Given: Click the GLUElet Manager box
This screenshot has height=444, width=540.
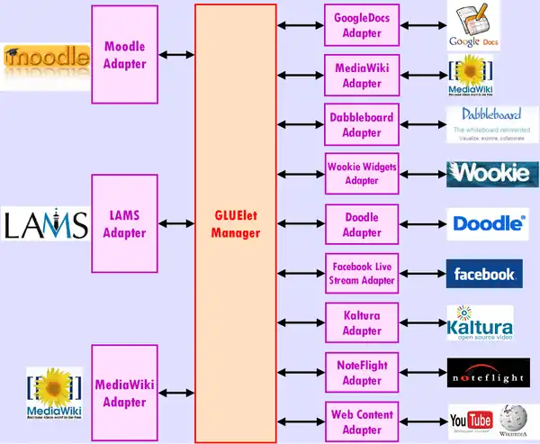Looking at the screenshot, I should (235, 223).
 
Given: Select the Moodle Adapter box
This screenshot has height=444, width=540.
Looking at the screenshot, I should (125, 54).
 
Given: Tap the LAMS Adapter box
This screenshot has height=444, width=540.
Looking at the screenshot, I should (125, 224).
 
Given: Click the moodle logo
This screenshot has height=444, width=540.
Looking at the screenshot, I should (46, 61).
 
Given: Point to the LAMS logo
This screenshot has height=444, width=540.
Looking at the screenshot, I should (45, 224).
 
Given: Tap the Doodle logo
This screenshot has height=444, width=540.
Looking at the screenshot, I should (487, 223).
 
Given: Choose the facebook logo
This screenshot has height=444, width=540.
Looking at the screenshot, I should (484, 274).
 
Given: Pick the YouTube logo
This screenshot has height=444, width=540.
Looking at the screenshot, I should (471, 421).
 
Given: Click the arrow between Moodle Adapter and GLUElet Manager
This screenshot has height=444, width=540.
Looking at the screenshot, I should (176, 55).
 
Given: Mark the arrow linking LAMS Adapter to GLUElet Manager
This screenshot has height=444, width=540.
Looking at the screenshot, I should (176, 224).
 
